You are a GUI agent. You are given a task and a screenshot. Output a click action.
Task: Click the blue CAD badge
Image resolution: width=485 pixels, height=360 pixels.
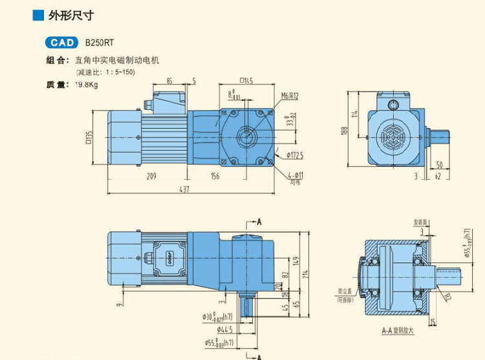pyautogui.click(x=62, y=43)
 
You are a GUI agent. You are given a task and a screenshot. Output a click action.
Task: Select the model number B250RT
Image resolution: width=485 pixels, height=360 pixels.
pyautogui.click(x=100, y=43)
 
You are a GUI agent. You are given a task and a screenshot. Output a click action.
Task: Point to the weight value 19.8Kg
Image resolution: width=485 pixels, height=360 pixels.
pyautogui.click(x=85, y=85)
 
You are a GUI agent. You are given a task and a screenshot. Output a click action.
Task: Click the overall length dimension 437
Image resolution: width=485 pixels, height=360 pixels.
pyautogui.click(x=185, y=189)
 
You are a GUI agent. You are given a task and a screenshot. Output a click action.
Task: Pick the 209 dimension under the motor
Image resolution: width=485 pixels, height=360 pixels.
pyautogui.click(x=151, y=175)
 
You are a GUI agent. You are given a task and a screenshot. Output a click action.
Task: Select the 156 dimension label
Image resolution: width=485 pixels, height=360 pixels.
pyautogui.click(x=215, y=175)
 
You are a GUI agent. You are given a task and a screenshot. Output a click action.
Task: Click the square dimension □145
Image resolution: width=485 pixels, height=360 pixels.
pyautogui.click(x=246, y=81)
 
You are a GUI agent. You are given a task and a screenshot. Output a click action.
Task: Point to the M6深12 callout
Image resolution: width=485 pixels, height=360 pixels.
pyautogui.click(x=289, y=96)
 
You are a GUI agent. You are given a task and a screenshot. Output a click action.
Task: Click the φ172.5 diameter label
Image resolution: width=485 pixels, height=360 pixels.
pyautogui.click(x=292, y=155)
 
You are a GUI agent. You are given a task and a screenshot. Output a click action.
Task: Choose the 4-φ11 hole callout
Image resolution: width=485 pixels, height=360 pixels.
pyautogui.click(x=296, y=175)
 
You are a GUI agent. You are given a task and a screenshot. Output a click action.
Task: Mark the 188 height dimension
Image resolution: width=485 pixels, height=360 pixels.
pyautogui.click(x=345, y=132)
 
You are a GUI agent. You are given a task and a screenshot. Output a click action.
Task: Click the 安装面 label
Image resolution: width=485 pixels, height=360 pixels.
pyautogui.click(x=420, y=222)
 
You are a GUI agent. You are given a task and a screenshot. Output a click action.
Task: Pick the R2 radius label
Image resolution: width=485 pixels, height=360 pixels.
pyautogui.click(x=446, y=297)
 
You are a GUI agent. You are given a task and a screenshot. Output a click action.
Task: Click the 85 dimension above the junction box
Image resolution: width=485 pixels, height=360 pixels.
pyautogui.click(x=169, y=81)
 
